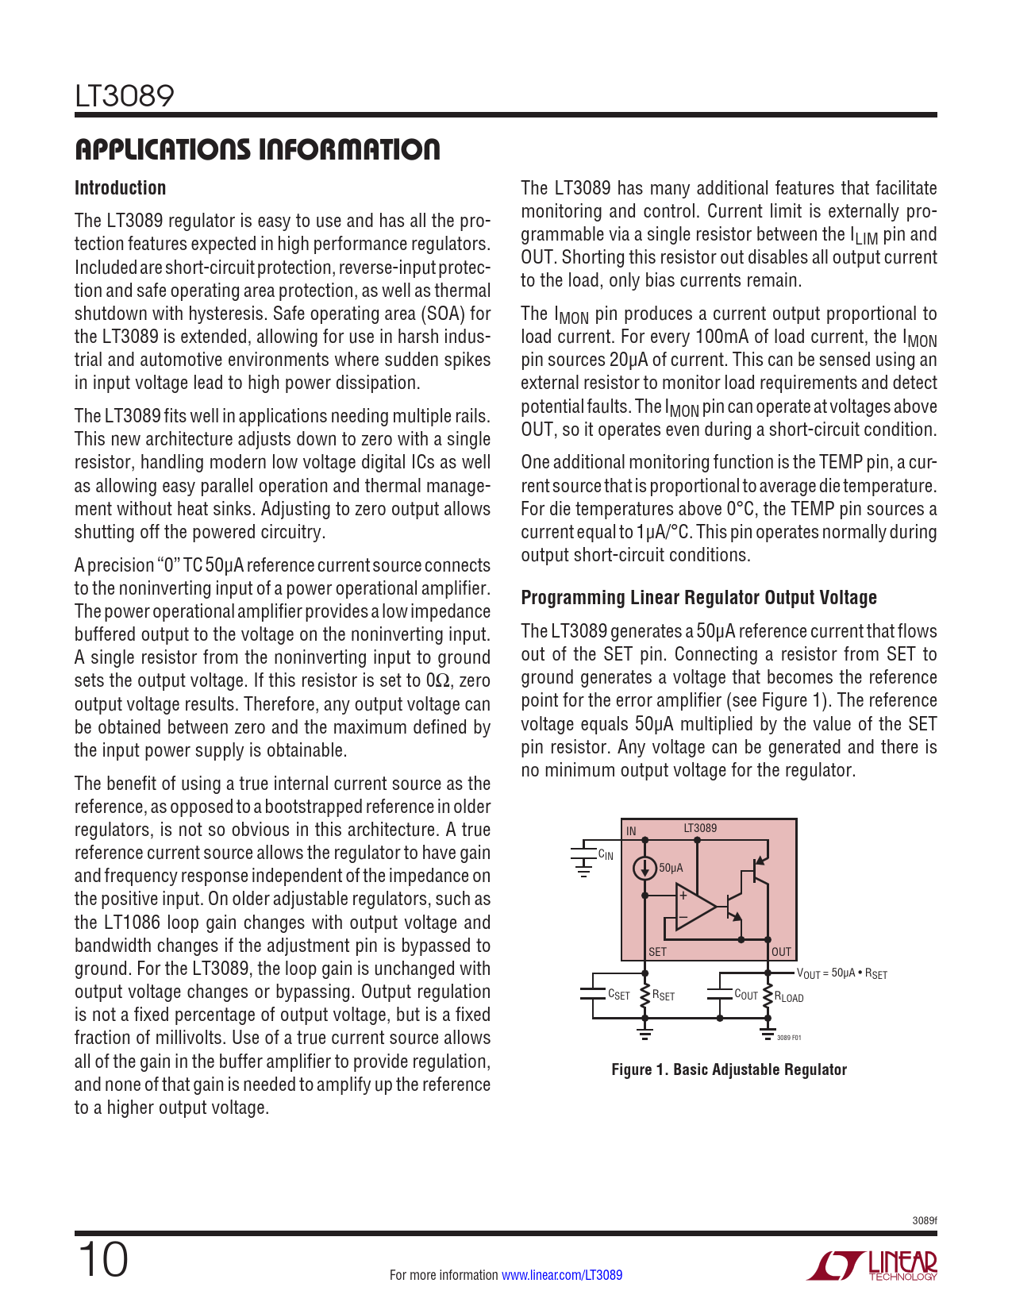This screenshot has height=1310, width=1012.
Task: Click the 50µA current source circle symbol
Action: pos(645,868)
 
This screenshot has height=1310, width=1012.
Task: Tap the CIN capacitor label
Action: pos(606,855)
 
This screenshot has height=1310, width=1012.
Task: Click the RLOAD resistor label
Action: pos(789,997)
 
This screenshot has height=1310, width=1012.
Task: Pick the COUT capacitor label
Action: pos(746,995)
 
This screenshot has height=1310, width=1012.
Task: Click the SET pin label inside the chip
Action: pos(657,951)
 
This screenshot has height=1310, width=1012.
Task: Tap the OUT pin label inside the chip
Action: pos(781,951)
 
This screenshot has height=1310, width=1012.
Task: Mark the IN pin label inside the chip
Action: pos(631,831)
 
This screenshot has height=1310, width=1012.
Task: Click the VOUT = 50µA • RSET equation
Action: pos(841,973)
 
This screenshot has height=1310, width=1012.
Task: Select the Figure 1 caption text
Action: pos(729,1069)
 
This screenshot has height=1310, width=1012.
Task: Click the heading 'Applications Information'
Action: pos(257,149)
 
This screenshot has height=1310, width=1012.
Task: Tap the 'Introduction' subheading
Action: pos(120,188)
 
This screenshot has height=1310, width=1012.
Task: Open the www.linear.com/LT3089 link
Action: pos(562,1275)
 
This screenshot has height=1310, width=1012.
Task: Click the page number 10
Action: pos(102,1260)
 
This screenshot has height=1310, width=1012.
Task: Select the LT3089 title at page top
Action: pos(124,96)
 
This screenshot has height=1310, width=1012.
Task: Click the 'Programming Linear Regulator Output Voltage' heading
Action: pos(698,598)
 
